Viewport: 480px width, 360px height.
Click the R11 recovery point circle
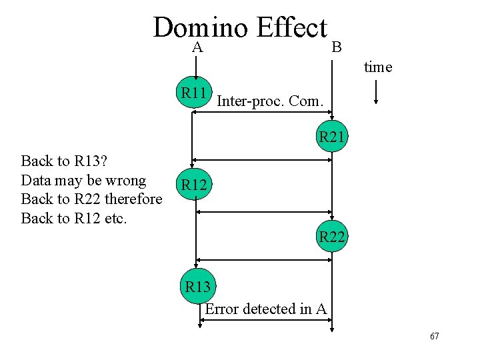click(x=194, y=93)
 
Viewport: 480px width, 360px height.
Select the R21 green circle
click(x=331, y=138)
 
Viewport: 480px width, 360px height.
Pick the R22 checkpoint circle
click(x=331, y=237)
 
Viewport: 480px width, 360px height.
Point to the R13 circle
click(x=197, y=287)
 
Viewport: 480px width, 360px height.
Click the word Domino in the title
click(x=200, y=28)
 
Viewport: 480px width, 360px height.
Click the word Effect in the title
click(x=292, y=28)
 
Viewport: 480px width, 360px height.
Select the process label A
click(x=197, y=47)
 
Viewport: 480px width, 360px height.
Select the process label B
click(x=337, y=47)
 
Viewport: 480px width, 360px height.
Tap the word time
click(x=378, y=67)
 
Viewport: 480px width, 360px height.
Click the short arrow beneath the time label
click(x=377, y=92)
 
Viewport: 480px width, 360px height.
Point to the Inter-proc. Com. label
click(x=270, y=102)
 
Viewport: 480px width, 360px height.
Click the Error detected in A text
click(x=265, y=309)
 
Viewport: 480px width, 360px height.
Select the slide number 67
click(x=434, y=336)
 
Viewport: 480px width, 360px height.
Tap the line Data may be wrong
click(x=83, y=180)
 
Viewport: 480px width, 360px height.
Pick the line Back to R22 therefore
click(x=91, y=199)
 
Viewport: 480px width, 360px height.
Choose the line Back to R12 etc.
click(x=73, y=218)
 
